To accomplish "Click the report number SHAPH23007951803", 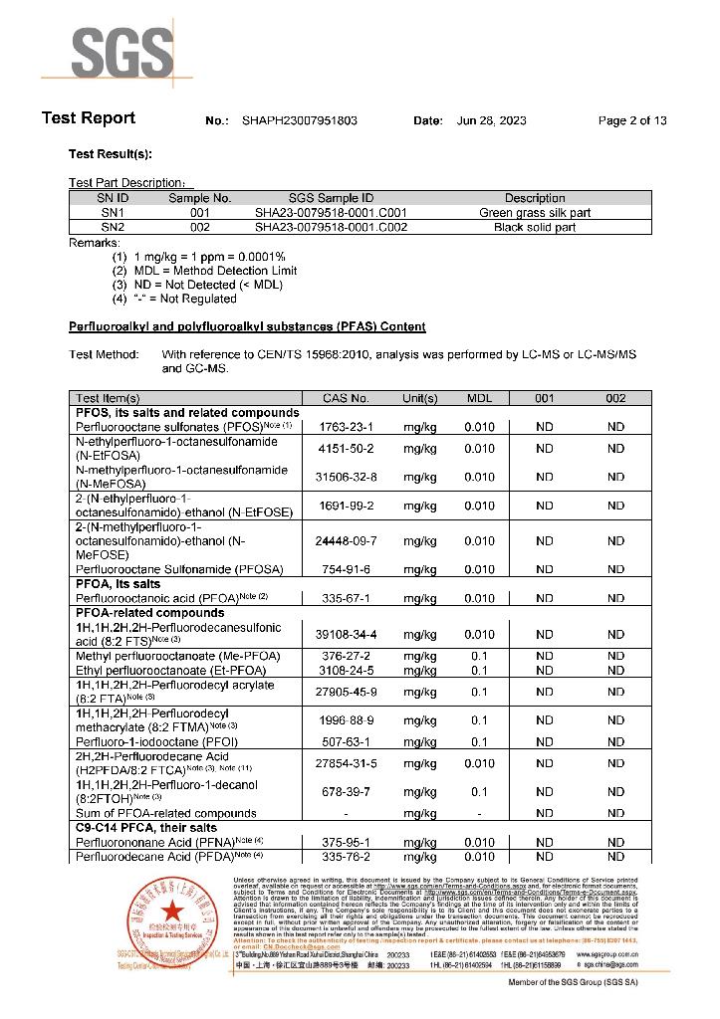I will pyautogui.click(x=300, y=120).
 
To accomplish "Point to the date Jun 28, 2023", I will pyautogui.click(x=491, y=120).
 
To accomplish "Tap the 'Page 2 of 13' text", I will pyautogui.click(x=632, y=120).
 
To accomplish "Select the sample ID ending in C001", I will pyautogui.click(x=331, y=212).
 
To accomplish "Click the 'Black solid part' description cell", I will pyautogui.click(x=535, y=227).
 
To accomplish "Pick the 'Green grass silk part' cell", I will pyautogui.click(x=535, y=212).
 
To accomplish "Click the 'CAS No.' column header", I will pyautogui.click(x=346, y=398).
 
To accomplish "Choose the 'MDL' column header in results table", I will pyautogui.click(x=479, y=398).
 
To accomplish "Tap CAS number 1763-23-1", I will pyautogui.click(x=346, y=427).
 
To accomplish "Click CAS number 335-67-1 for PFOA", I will pyautogui.click(x=346, y=598).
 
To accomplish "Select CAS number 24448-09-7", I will pyautogui.click(x=346, y=541).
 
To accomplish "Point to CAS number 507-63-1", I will pyautogui.click(x=346, y=741).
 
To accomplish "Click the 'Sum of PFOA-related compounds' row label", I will pyautogui.click(x=166, y=813).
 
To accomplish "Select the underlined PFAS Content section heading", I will pyautogui.click(x=247, y=326).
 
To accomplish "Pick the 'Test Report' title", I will pyautogui.click(x=89, y=118).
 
